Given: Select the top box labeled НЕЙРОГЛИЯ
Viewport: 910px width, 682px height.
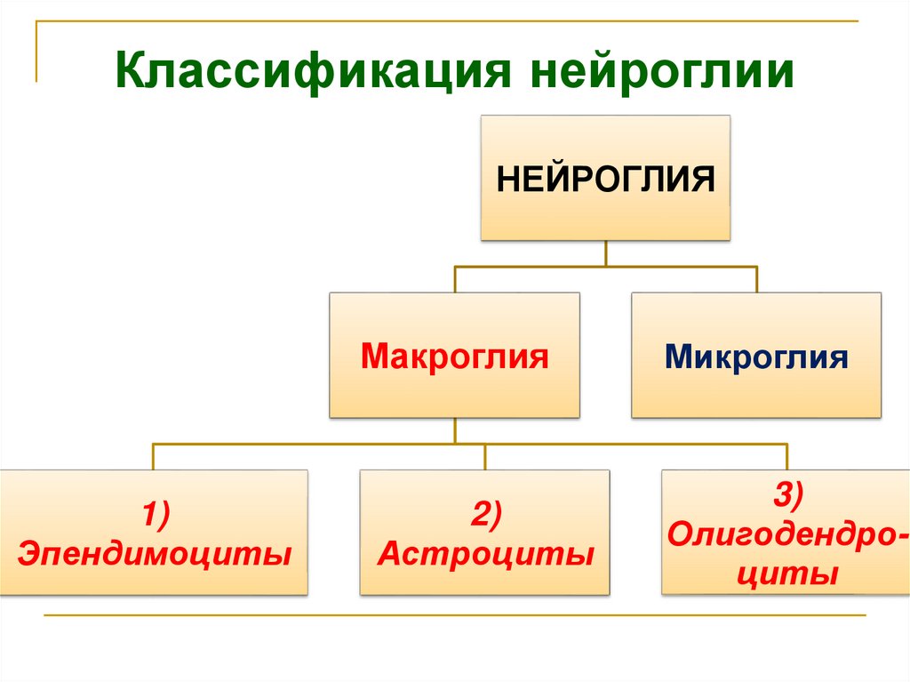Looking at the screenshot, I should pyautogui.click(x=605, y=177).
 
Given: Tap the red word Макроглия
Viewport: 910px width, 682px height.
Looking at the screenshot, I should pyautogui.click(x=454, y=358).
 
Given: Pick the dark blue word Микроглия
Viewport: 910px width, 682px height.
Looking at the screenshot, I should pyautogui.click(x=756, y=358).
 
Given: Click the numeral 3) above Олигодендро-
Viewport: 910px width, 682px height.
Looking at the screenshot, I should pyautogui.click(x=786, y=494).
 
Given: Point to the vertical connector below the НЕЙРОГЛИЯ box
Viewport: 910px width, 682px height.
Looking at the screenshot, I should pyautogui.click(x=605, y=253).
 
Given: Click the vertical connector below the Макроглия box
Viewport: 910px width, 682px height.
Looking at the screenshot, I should pyautogui.click(x=454, y=430).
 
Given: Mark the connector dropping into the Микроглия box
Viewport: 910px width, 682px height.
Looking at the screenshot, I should pyautogui.click(x=756, y=279).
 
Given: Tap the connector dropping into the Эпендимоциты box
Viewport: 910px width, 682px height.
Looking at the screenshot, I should pyautogui.click(x=154, y=456).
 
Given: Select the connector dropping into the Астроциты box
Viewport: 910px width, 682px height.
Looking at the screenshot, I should pyautogui.click(x=485, y=456).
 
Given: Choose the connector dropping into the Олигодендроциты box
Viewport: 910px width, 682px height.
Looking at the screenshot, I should pyautogui.click(x=787, y=456).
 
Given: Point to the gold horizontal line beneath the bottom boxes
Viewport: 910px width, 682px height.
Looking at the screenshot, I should pyautogui.click(x=453, y=614).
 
